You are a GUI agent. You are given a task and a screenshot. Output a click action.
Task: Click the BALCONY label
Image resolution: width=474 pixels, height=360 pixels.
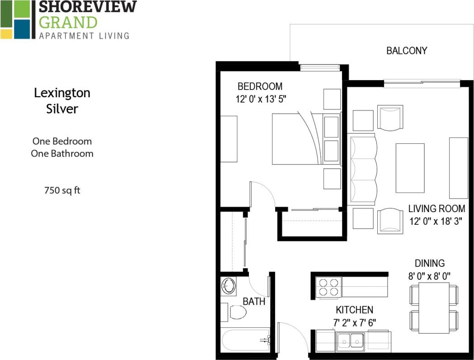tap(406, 51)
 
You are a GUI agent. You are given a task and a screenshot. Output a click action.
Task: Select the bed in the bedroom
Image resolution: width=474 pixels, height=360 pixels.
tap(298, 138)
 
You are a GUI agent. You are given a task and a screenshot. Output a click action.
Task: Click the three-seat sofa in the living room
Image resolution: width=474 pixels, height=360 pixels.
tap(363, 169)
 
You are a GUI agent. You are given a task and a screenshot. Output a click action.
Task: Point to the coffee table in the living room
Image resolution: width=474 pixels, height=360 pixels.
tap(410, 168)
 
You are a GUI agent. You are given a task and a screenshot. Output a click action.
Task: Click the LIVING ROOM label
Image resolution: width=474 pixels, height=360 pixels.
tap(436, 208)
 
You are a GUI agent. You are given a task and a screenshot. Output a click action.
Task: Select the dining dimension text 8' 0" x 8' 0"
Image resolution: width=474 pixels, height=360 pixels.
tap(430, 275)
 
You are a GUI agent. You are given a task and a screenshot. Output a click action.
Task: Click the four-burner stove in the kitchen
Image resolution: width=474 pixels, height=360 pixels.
tap(328, 287)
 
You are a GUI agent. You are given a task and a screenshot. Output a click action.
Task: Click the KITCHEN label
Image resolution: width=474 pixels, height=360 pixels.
tap(354, 310)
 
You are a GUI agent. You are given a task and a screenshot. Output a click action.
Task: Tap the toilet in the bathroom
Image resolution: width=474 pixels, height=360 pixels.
tap(236, 312)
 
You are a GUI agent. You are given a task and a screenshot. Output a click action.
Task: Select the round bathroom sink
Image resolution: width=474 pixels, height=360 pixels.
tap(228, 286)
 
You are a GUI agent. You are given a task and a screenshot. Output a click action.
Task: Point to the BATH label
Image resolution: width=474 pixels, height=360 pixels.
tap(254, 301)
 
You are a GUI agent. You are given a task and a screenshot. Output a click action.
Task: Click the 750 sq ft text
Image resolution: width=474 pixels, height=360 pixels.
tap(62, 190)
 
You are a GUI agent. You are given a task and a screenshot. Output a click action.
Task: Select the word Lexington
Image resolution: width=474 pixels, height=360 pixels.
tap(62, 93)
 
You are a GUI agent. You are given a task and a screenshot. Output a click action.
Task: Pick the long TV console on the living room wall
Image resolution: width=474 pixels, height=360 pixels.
tap(458, 168)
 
